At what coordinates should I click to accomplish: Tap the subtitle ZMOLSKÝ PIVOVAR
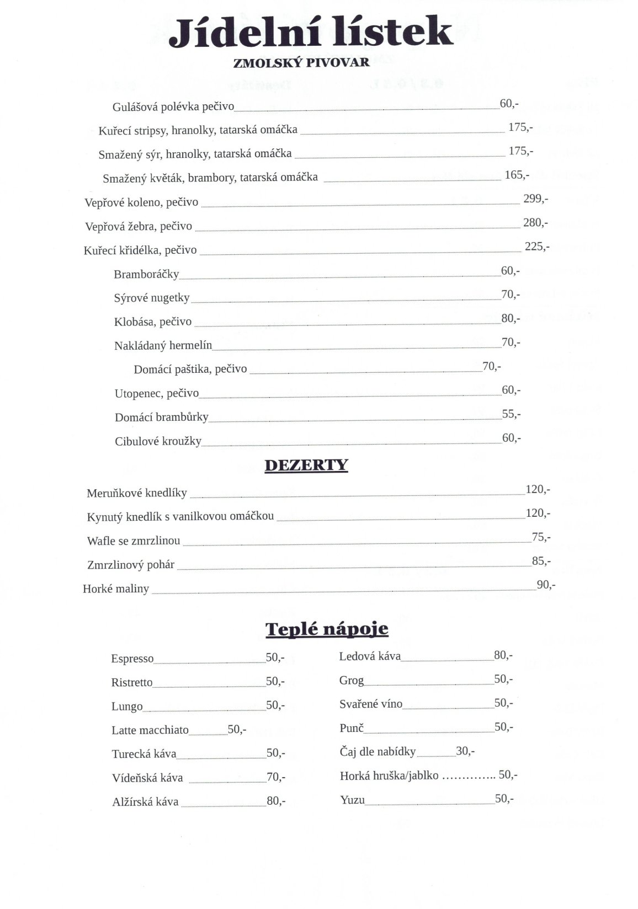click(x=301, y=63)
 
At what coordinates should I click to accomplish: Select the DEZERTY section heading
click(x=306, y=466)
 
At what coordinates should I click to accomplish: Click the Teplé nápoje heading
click(x=327, y=629)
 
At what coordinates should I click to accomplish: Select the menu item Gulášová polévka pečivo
click(x=173, y=106)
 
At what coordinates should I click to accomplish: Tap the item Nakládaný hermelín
click(x=163, y=346)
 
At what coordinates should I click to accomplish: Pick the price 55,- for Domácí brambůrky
click(x=511, y=414)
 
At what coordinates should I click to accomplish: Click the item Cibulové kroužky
click(x=158, y=441)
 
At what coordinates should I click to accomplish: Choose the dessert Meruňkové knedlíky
click(x=137, y=493)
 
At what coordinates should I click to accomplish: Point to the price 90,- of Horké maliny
click(x=546, y=585)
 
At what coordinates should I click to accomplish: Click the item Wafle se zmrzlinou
click(x=134, y=541)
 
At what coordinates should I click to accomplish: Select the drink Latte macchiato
click(x=150, y=730)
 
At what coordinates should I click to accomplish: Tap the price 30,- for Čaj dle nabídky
click(x=465, y=751)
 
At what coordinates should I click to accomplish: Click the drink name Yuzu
click(x=352, y=800)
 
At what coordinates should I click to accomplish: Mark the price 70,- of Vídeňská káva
click(x=276, y=777)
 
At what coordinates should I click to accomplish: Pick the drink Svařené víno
click(x=371, y=704)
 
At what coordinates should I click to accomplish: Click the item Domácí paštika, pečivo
click(x=190, y=369)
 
